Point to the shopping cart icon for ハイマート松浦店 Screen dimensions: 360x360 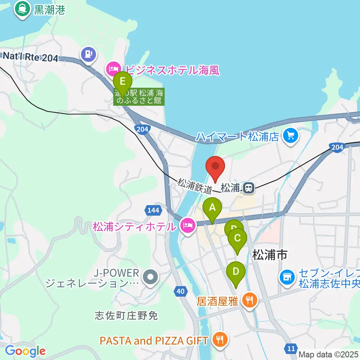click(x=291, y=136)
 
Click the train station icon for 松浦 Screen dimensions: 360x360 click(x=247, y=188)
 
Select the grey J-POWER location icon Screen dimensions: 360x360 click(x=151, y=278)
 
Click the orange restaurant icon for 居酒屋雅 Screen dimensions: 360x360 click(x=249, y=300)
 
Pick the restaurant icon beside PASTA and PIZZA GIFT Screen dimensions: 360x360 click(x=219, y=340)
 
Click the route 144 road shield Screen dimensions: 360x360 click(x=153, y=210)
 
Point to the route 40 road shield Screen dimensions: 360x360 click(x=180, y=291)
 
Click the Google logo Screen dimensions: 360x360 click(x=25, y=351)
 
